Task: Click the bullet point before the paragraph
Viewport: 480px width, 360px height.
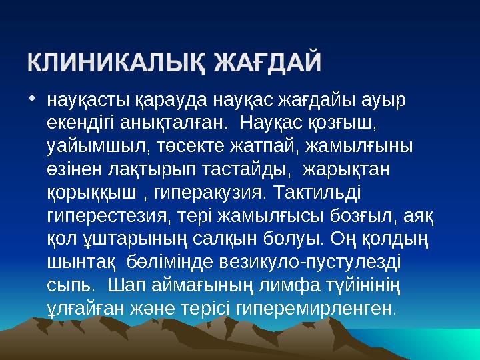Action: [33, 101]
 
